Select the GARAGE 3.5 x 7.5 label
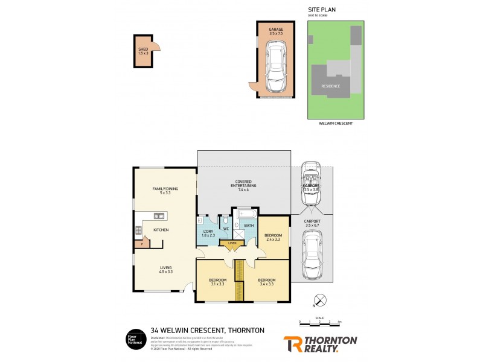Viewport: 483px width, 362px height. [x=276, y=31]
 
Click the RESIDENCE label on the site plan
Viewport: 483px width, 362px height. [x=330, y=86]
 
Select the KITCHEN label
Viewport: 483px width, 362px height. [x=161, y=230]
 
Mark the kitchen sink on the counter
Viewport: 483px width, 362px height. [x=159, y=215]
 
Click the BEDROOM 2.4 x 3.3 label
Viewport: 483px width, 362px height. [x=273, y=237]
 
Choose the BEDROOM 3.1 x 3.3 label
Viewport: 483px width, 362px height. [x=217, y=282]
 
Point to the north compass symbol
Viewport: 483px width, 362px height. [x=322, y=299]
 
